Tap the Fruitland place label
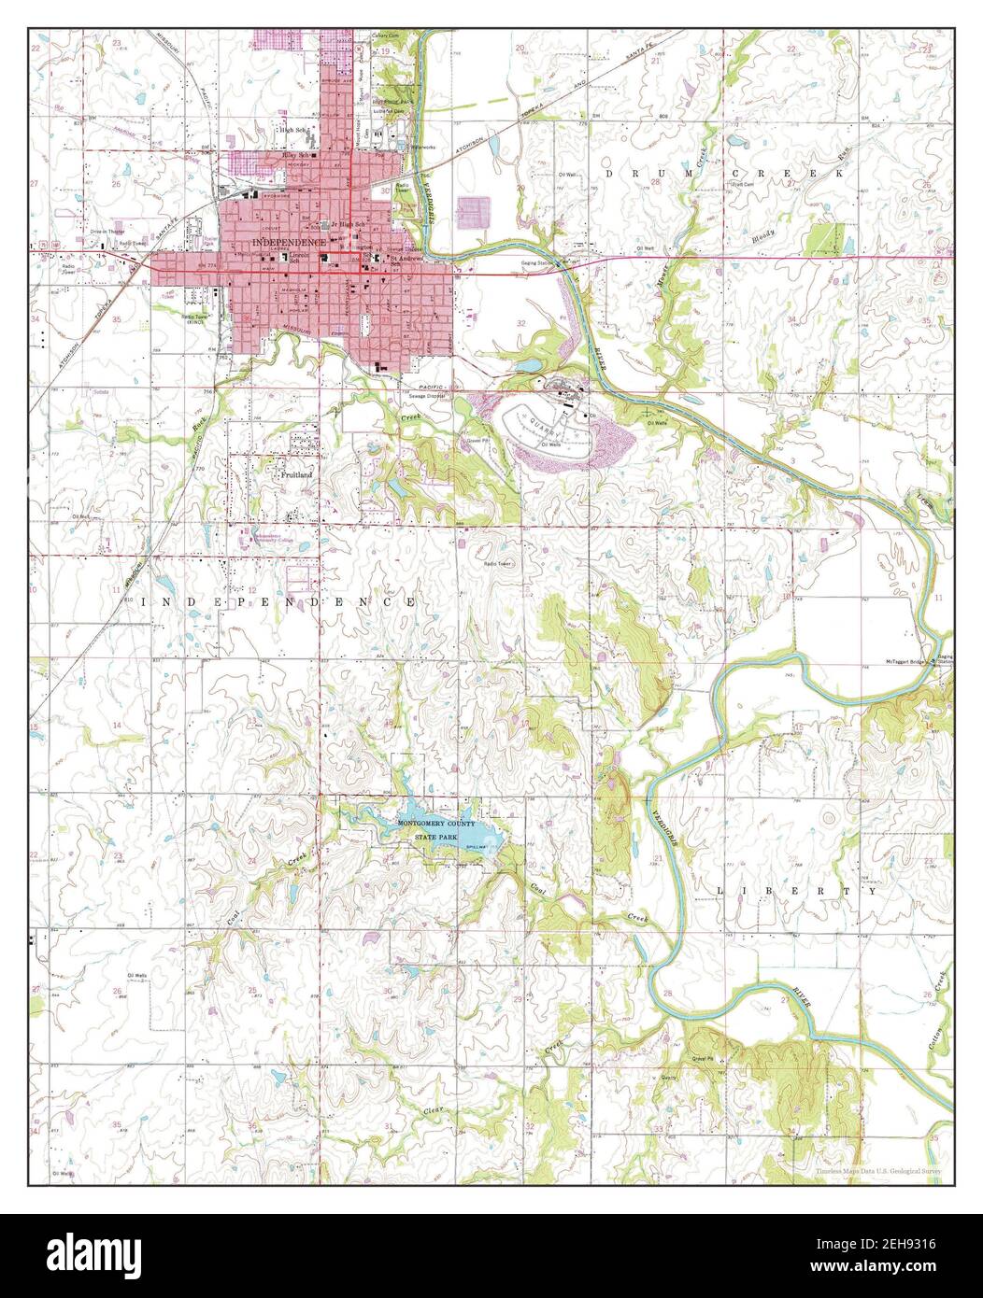point(297,473)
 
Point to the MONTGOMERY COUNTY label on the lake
point(436,825)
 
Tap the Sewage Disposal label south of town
point(424,396)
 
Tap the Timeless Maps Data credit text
point(878,1171)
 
